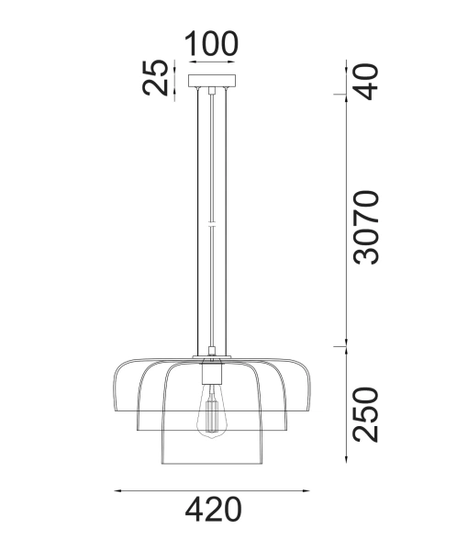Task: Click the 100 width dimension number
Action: click(211, 43)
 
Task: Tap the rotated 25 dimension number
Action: click(159, 77)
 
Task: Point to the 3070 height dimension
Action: click(365, 227)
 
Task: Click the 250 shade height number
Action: click(365, 414)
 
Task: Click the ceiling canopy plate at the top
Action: click(212, 82)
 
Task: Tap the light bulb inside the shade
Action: click(212, 412)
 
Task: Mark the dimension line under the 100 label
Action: click(211, 62)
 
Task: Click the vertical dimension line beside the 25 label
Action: click(175, 78)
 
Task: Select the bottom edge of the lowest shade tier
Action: click(212, 464)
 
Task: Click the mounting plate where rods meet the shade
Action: click(212, 357)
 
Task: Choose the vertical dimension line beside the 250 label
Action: click(345, 404)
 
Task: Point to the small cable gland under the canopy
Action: click(212, 90)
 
